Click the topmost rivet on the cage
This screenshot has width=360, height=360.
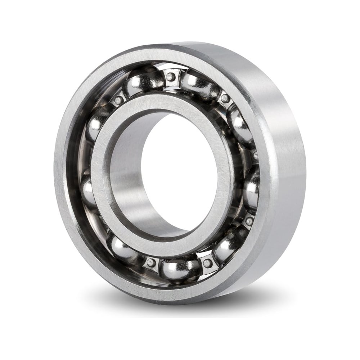click(x=171, y=76)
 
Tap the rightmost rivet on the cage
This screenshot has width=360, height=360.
click(x=255, y=156)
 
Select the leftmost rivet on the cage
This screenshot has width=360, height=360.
click(x=118, y=100)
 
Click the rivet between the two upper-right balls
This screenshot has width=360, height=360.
click(x=225, y=98)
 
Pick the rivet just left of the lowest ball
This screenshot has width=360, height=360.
click(x=151, y=263)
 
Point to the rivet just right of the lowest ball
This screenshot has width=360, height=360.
click(x=207, y=263)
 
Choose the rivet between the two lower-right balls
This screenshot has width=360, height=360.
click(x=248, y=221)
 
